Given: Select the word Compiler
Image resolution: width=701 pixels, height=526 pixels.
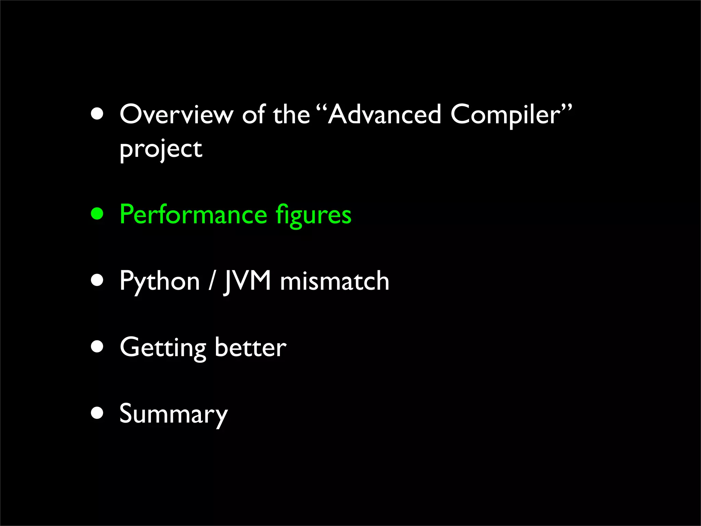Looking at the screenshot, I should pos(506,115).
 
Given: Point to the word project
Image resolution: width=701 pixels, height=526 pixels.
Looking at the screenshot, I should pos(161,149).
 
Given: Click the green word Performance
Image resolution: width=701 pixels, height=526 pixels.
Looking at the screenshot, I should pos(193,215).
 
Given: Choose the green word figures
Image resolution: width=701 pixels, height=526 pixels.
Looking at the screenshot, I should pos(314,215).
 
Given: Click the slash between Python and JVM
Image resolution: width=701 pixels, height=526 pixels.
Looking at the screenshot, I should pos(212,281).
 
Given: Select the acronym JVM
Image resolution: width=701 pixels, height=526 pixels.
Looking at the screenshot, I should pos(247,281).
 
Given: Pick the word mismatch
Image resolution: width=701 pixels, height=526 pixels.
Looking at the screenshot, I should pos(334,281).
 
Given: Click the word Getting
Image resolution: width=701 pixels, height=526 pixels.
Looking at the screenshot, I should pos(163,348).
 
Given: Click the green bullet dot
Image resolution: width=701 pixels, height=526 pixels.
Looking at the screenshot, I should pos(97,214).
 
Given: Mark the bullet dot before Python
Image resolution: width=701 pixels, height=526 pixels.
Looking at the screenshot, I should pos(97,280).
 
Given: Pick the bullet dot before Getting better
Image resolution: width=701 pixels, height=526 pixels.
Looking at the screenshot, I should pos(97,346).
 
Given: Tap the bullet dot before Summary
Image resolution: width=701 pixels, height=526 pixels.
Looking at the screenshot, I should pos(97,413).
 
